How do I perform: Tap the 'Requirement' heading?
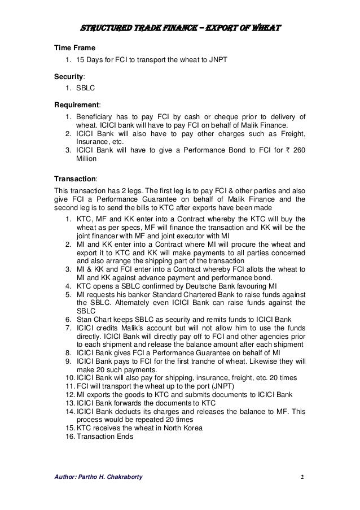[76, 103]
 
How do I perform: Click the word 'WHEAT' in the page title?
[263, 27]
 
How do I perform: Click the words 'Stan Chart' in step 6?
[92, 318]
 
